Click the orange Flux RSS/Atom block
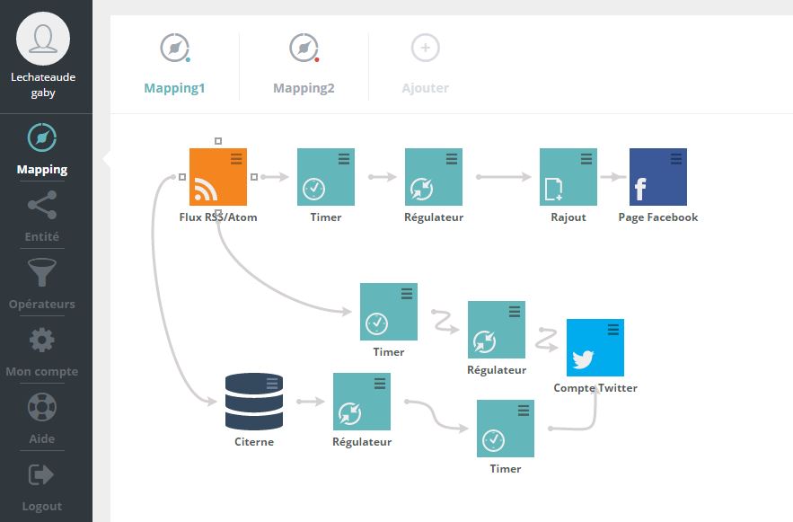click(x=218, y=176)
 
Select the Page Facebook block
click(x=658, y=176)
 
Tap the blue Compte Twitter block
click(x=595, y=348)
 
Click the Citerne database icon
click(x=254, y=402)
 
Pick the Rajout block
click(x=568, y=176)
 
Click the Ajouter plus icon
click(x=426, y=48)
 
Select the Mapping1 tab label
click(x=174, y=88)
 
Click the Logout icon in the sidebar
click(x=41, y=475)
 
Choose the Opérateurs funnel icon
click(x=42, y=272)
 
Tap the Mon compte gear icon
click(x=42, y=340)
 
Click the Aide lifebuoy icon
click(x=42, y=407)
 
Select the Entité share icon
click(x=42, y=205)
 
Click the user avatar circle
click(x=43, y=39)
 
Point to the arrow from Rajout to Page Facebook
click(x=613, y=176)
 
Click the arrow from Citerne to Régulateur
click(x=311, y=402)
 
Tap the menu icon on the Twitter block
click(x=613, y=330)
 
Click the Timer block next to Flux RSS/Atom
click(x=326, y=176)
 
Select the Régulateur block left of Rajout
click(x=434, y=176)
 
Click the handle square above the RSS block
click(x=218, y=141)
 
